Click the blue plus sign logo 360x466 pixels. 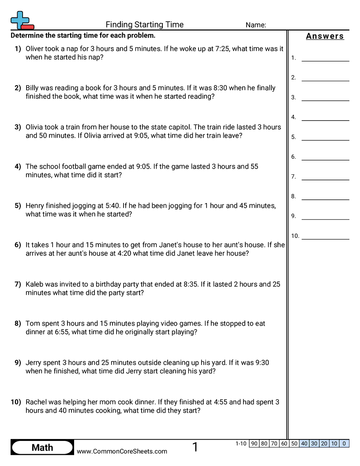[20, 20]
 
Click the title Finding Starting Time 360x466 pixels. [145, 25]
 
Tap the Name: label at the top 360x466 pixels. [256, 25]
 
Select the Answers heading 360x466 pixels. [325, 37]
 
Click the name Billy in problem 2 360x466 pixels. [34, 88]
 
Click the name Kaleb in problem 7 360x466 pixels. [35, 284]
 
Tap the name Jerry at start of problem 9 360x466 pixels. [35, 363]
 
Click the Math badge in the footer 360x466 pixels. [42, 447]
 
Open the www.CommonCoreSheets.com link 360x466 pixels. [122, 451]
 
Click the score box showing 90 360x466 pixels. [254, 443]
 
